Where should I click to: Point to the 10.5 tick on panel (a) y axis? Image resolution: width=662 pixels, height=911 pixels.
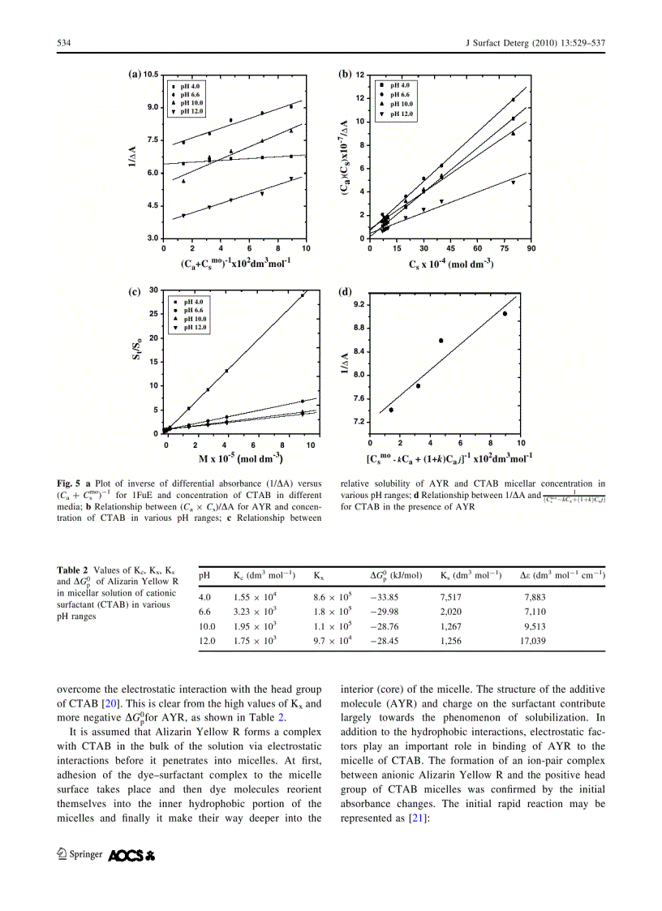(x=150, y=75)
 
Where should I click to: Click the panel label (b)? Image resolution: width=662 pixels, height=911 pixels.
(x=344, y=74)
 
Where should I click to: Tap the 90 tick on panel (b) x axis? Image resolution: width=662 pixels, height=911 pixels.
(x=531, y=248)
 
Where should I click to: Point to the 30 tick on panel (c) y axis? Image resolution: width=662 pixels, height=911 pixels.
(x=153, y=290)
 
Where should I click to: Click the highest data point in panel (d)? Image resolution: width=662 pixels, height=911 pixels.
(x=505, y=313)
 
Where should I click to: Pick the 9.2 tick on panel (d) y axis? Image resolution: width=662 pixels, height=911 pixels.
(x=357, y=305)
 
